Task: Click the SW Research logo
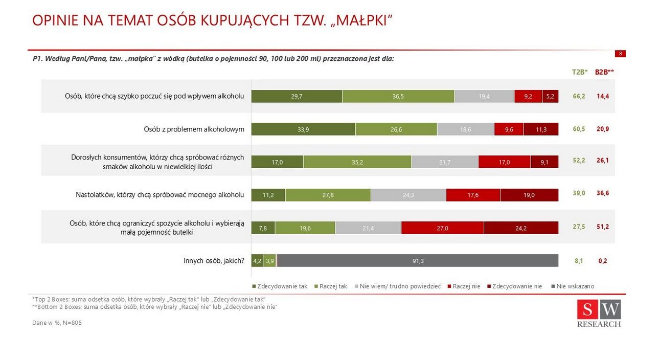pyautogui.click(x=599, y=313)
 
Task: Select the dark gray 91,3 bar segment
pyautogui.click(x=418, y=261)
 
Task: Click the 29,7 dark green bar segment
pyautogui.click(x=297, y=96)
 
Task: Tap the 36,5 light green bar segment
pyautogui.click(x=398, y=96)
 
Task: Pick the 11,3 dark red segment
pyautogui.click(x=540, y=129)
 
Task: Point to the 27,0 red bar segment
pyautogui.click(x=442, y=228)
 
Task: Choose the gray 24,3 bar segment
pyautogui.click(x=408, y=195)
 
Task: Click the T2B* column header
pyautogui.click(x=579, y=72)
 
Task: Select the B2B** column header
pyautogui.click(x=604, y=72)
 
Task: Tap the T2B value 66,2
pyautogui.click(x=579, y=96)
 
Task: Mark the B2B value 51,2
pyautogui.click(x=603, y=227)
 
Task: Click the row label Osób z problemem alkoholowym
pyautogui.click(x=194, y=129)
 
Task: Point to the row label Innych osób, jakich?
pyautogui.click(x=214, y=261)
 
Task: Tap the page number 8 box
pyautogui.click(x=620, y=54)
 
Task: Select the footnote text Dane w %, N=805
pyautogui.click(x=57, y=323)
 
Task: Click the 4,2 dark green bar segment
pyautogui.click(x=257, y=261)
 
